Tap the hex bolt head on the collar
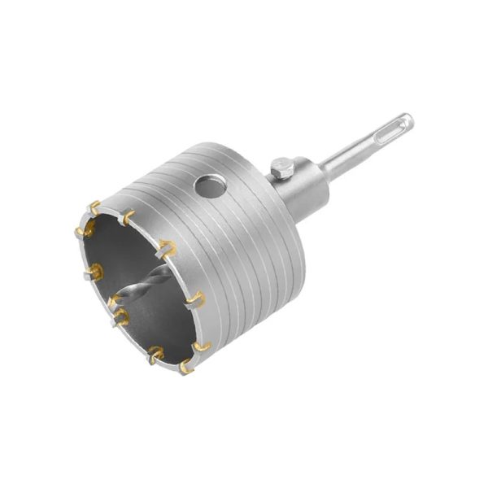(x=280, y=168)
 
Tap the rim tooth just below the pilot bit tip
(x=120, y=316)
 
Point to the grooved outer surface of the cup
(x=244, y=244)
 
